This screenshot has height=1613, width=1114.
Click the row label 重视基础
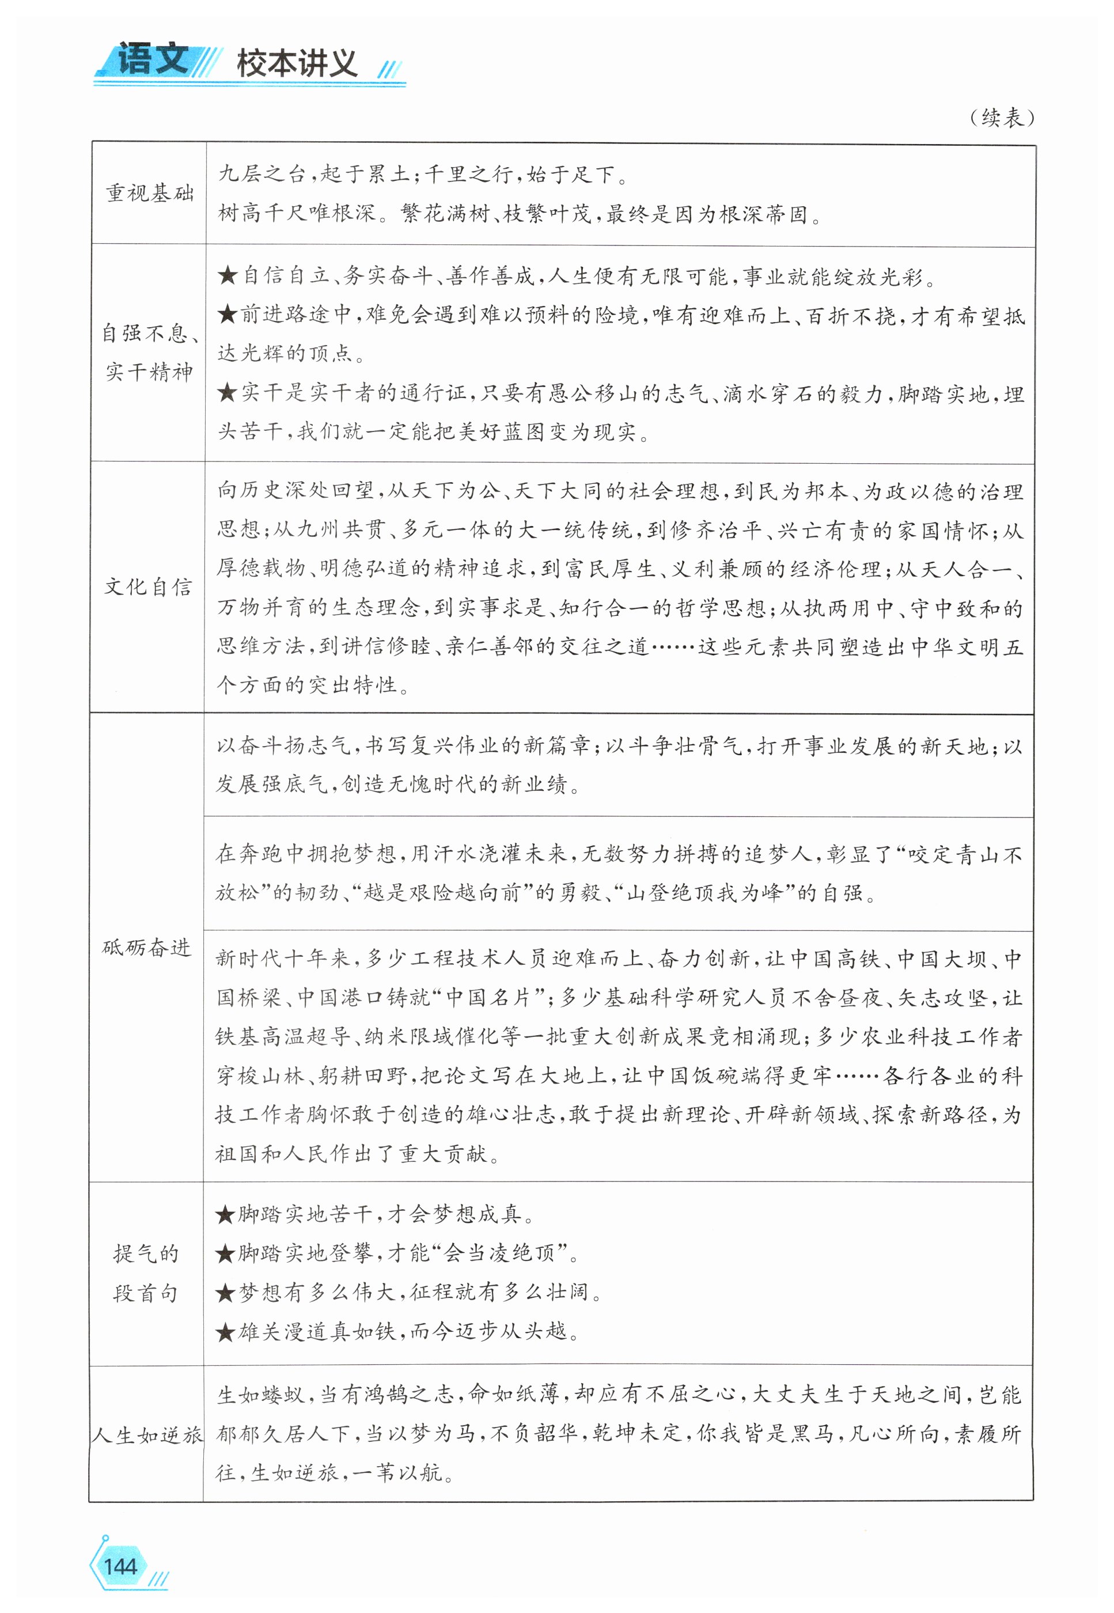[x=149, y=194]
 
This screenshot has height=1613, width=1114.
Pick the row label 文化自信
[x=148, y=587]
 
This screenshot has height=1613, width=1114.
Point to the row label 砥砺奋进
[x=146, y=948]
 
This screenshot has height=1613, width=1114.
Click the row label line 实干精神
[x=149, y=372]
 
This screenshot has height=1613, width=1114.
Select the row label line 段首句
[x=146, y=1293]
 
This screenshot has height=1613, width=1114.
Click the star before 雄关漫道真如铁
[x=225, y=1332]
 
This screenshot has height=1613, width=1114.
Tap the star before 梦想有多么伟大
[x=225, y=1293]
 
